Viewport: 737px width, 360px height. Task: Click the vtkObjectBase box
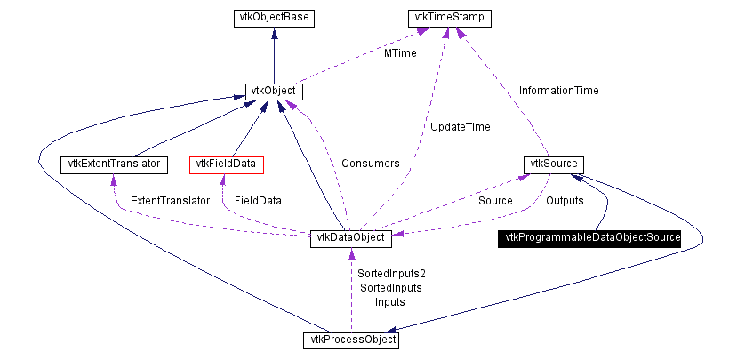(x=274, y=19)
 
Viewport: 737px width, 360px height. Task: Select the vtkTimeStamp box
(x=449, y=19)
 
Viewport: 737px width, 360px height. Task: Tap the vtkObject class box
(x=274, y=92)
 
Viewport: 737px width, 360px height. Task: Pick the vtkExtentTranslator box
(x=114, y=165)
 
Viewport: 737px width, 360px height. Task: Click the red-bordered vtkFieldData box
(x=226, y=165)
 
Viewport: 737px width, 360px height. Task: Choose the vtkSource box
(x=554, y=165)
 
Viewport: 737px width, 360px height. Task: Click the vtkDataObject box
(x=350, y=238)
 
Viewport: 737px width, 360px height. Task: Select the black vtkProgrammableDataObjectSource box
(x=589, y=238)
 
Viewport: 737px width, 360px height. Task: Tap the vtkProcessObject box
(x=350, y=340)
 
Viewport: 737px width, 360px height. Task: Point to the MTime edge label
(x=400, y=53)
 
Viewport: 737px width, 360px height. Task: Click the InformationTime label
(x=559, y=91)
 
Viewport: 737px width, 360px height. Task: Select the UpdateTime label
(x=461, y=127)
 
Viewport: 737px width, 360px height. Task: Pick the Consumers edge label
(x=371, y=164)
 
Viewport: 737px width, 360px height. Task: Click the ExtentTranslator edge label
(x=170, y=201)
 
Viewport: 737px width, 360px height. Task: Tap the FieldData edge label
(x=258, y=201)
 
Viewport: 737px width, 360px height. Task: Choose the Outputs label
(x=565, y=201)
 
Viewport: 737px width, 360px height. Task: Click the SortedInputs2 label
(x=391, y=274)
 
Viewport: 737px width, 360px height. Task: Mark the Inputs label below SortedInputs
(x=389, y=302)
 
